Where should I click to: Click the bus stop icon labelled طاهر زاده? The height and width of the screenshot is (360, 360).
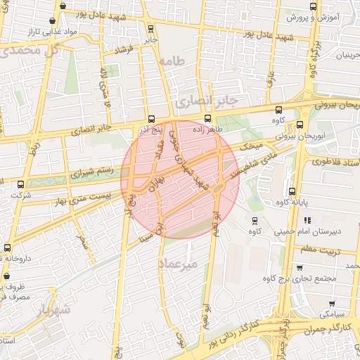[x=207, y=118]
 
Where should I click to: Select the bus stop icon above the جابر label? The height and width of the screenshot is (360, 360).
[x=150, y=29]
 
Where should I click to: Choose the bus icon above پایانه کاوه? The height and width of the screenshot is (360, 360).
[x=292, y=191]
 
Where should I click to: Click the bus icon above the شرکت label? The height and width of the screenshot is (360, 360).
[x=20, y=184]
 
